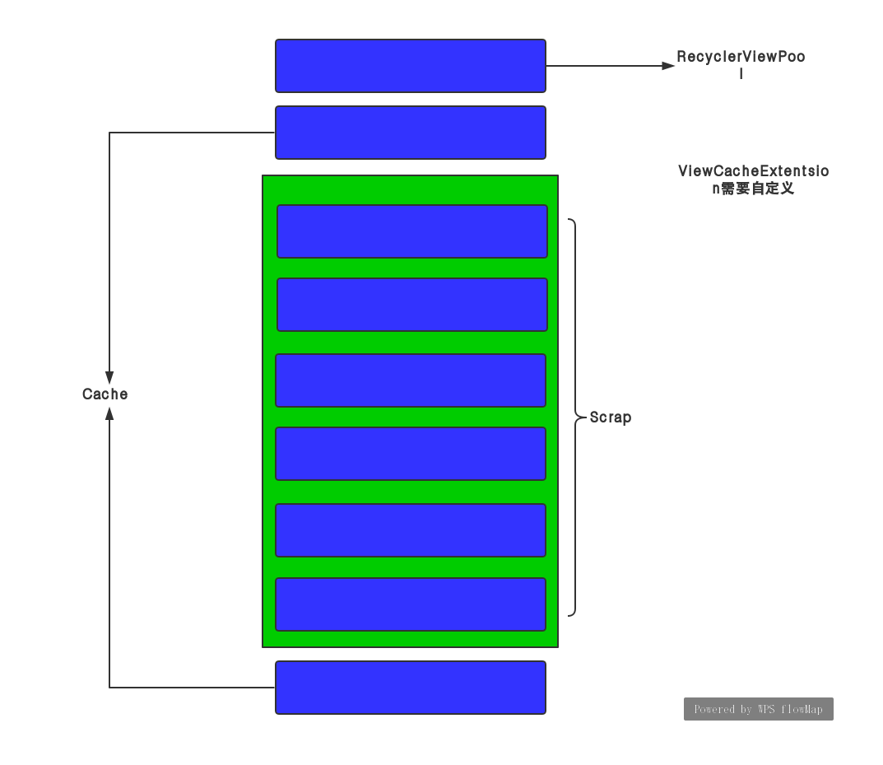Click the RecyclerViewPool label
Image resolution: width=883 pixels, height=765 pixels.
coord(741,58)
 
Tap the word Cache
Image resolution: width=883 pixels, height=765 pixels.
coord(105,394)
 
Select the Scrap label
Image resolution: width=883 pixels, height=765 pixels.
coord(611,417)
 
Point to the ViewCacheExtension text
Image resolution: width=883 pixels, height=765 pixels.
coord(753,171)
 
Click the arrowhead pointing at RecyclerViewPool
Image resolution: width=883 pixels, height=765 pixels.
coord(669,66)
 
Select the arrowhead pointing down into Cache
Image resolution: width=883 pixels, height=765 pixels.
coord(109,378)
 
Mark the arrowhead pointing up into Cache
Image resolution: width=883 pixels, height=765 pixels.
coord(109,412)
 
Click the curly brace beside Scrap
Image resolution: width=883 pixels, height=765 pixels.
coord(574,417)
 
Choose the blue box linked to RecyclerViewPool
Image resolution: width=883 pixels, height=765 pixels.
coord(410,66)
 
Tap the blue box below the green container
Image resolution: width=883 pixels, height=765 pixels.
coord(410,688)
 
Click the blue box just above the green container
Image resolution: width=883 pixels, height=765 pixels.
coord(410,133)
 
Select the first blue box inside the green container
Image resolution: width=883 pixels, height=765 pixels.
coord(411,231)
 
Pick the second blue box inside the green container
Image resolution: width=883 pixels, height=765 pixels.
coord(411,305)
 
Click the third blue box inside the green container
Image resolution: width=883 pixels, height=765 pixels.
coord(410,380)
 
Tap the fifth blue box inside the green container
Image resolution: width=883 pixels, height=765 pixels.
coord(410,530)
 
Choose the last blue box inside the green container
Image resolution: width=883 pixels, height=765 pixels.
coord(410,604)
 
